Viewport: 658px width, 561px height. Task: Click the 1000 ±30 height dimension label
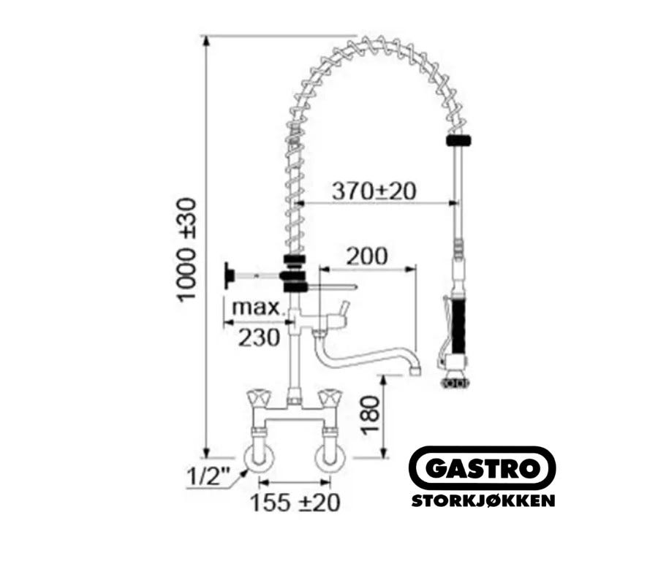186,251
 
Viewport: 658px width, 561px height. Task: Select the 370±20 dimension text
374,191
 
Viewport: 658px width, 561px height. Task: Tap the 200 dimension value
366,256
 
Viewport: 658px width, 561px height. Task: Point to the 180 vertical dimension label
371,415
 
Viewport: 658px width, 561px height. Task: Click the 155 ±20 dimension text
295,503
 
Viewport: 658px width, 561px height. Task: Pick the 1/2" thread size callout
208,476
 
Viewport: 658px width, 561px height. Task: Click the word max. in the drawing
257,308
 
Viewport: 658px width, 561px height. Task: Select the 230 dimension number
259,337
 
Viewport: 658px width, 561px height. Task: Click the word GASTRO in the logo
483,468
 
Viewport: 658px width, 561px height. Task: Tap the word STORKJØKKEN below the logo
483,500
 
